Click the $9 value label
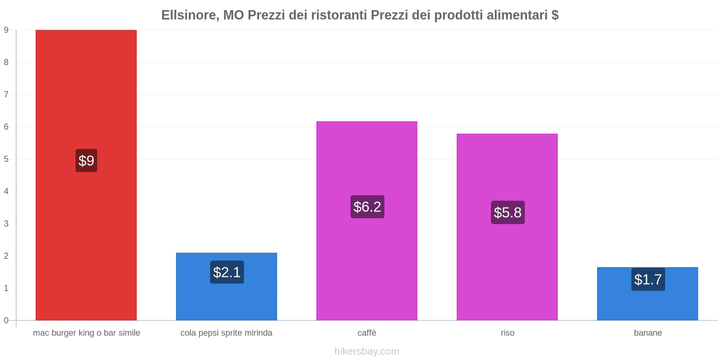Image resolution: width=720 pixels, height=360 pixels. coord(86,161)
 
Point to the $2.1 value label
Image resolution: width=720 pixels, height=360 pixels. coord(227,272)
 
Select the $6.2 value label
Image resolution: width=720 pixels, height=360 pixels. coord(367,207)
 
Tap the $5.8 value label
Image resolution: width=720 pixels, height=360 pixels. coord(508,212)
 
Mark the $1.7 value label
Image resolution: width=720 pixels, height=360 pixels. coord(648,279)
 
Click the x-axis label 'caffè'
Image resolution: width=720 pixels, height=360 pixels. coord(367,333)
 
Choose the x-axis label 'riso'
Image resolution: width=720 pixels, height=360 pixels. coord(507,333)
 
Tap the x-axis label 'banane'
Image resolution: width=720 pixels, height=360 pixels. coord(648,333)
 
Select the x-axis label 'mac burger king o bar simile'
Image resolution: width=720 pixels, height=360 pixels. coord(86,333)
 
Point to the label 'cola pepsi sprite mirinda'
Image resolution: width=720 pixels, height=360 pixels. coord(226,333)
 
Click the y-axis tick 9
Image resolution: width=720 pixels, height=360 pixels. coord(6,30)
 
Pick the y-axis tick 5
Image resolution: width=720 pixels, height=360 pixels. coord(6,159)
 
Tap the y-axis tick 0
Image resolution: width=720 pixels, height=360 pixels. coord(6,320)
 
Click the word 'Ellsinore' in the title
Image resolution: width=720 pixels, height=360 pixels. coord(189,15)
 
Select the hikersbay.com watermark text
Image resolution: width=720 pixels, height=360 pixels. coord(367,351)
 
